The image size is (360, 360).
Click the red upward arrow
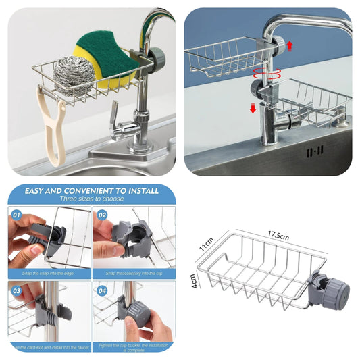pyautogui.click(x=290, y=45)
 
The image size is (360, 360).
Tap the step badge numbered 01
pyautogui.click(x=17, y=215)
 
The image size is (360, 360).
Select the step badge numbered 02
pyautogui.click(x=102, y=215)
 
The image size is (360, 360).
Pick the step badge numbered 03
pyautogui.click(x=17, y=290)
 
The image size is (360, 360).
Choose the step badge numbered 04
pyautogui.click(x=102, y=290)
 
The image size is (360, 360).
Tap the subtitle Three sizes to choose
pyautogui.click(x=91, y=199)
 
